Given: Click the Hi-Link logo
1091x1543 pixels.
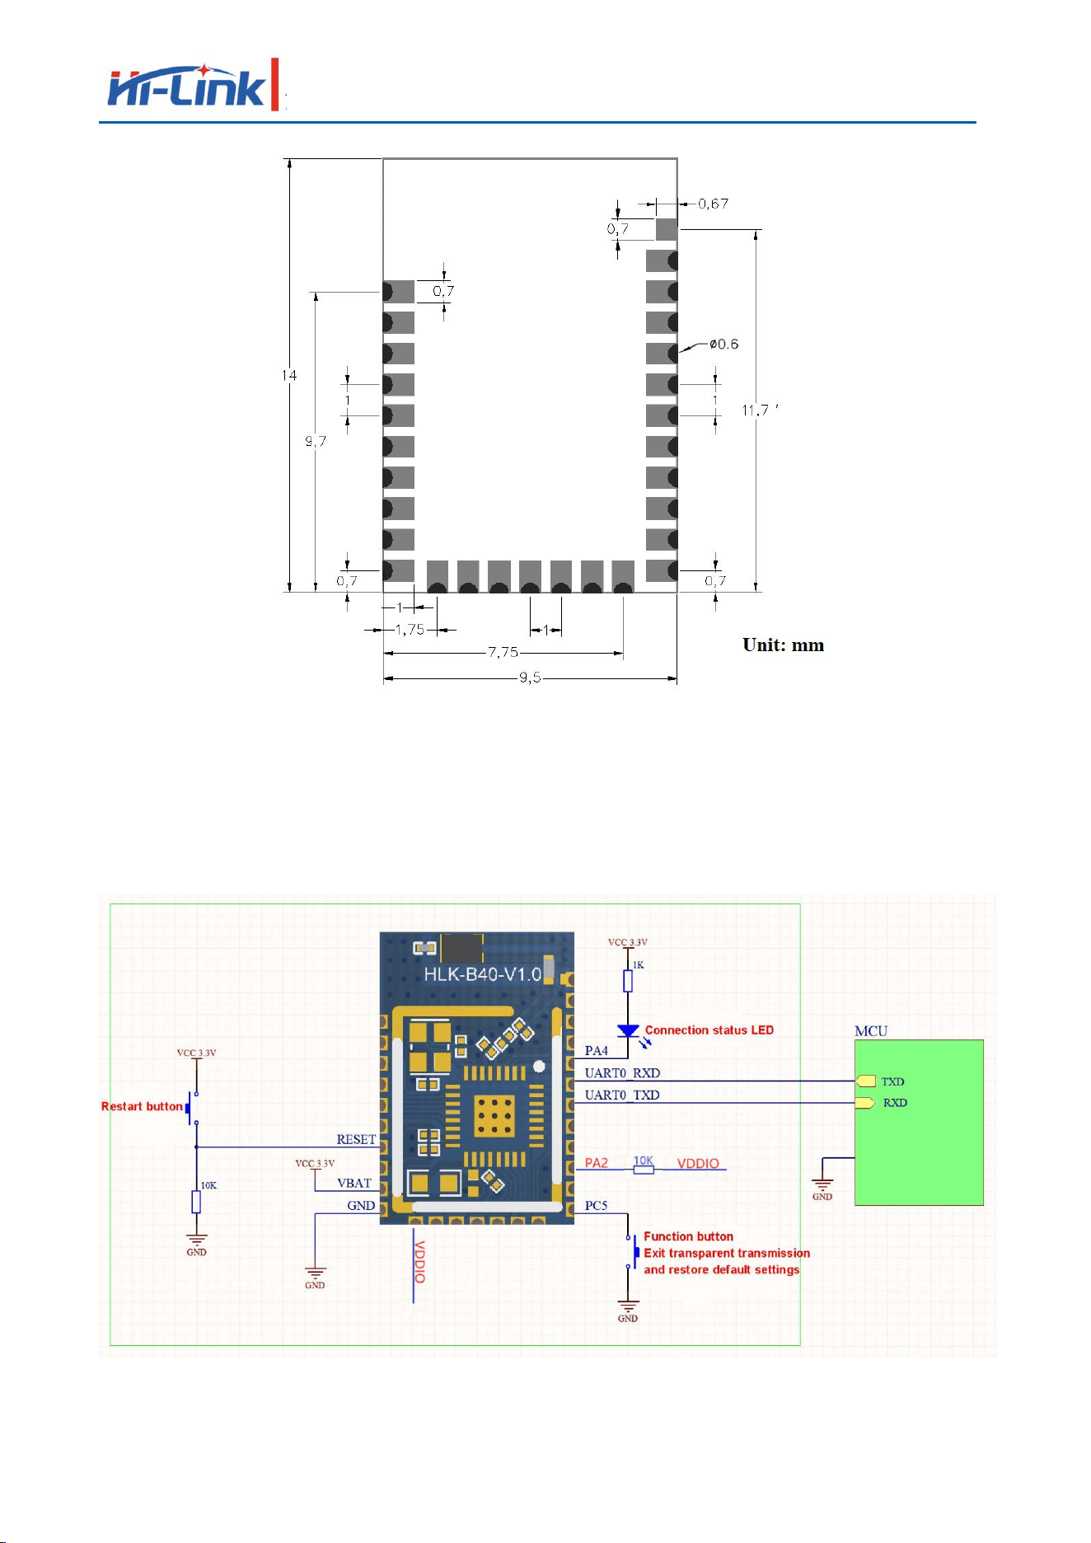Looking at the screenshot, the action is click(194, 85).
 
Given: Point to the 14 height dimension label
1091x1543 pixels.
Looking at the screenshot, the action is click(289, 375).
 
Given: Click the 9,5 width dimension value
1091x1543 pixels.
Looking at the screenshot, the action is click(530, 678).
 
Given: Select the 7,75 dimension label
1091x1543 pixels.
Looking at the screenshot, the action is click(503, 652).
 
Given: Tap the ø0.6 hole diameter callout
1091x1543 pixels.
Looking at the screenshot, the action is click(723, 344).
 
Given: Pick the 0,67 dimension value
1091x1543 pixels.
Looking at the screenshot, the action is click(713, 204).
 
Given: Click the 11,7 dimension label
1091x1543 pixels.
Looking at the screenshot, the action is click(756, 410).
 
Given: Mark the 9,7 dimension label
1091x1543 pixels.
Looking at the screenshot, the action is click(316, 441).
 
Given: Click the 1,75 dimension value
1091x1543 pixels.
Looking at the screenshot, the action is click(410, 630).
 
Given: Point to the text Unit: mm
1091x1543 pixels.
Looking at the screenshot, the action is click(783, 645).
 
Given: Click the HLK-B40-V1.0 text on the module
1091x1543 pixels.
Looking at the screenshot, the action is click(483, 973).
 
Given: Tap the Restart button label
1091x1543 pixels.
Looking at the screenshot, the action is click(142, 1106).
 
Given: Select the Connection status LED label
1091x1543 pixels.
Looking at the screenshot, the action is click(709, 1029).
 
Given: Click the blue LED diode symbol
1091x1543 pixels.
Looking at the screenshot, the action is click(628, 1031).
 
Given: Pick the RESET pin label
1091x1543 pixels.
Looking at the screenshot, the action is click(356, 1139).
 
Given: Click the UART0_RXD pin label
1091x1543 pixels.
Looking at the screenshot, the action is click(622, 1072).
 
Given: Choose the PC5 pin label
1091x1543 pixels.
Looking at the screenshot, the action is click(596, 1205).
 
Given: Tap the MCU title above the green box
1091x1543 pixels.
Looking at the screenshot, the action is click(871, 1030).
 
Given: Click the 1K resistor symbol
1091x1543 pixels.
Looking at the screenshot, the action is click(628, 981).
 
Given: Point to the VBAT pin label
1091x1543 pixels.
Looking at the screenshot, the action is click(354, 1183).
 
